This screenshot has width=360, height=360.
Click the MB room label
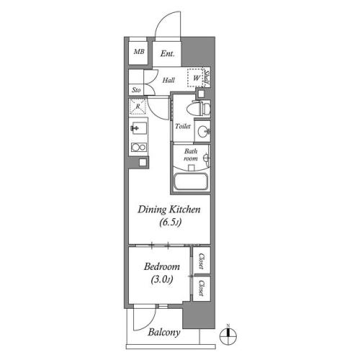(x=139, y=51)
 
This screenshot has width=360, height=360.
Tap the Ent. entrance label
(x=167, y=53)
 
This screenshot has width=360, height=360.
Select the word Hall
(x=168, y=80)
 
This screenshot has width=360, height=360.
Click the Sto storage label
(x=136, y=90)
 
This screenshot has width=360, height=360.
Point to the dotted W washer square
(x=195, y=78)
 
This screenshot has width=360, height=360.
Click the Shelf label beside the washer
(x=207, y=78)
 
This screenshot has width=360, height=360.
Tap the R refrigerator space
(x=138, y=107)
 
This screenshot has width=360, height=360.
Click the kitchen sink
(x=139, y=128)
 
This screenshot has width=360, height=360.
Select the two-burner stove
(x=139, y=147)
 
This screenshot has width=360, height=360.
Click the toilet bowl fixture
(x=198, y=109)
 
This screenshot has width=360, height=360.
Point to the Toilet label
(x=183, y=126)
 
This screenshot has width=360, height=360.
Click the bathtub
(x=191, y=181)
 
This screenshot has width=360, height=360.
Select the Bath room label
(x=191, y=155)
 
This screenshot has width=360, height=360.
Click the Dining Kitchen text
(x=169, y=210)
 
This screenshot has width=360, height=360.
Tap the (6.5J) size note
(x=171, y=222)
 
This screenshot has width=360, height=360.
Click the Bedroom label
(x=162, y=266)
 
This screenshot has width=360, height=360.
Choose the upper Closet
(x=202, y=261)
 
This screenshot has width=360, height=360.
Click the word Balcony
(x=164, y=333)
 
